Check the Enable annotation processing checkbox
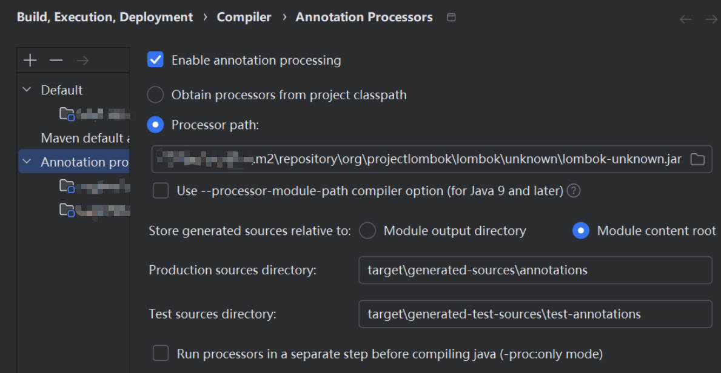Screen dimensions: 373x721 [156, 60]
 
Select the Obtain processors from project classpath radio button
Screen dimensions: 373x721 [156, 95]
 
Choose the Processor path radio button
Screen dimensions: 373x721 [156, 125]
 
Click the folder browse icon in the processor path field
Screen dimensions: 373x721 [697, 159]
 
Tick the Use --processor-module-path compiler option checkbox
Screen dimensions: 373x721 [161, 191]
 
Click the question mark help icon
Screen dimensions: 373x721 [573, 191]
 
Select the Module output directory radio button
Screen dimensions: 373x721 [367, 231]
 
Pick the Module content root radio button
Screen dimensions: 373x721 [581, 231]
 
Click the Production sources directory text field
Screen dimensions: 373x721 [535, 270]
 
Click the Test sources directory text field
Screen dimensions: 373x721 [535, 314]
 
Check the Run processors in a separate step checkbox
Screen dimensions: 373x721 [161, 354]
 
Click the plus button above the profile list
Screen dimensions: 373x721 [30, 60]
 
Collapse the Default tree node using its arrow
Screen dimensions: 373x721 [27, 90]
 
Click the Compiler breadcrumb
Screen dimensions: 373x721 [244, 17]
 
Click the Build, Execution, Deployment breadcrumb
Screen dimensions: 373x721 [105, 17]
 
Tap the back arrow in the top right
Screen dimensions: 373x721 [685, 19]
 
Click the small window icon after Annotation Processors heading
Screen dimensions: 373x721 [451, 18]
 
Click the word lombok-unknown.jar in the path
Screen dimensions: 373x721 [622, 159]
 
